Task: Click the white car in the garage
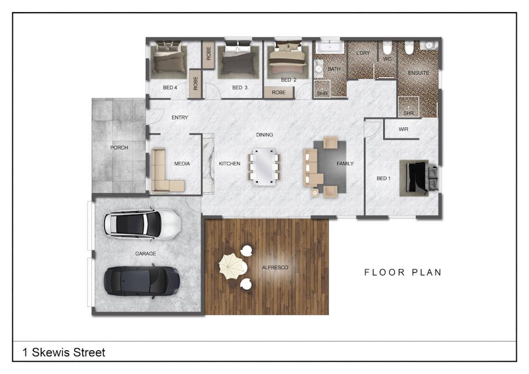142,224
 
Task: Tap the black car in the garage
142,280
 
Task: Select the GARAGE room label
145,254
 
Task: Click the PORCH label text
119,147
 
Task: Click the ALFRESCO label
275,268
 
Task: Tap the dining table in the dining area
264,165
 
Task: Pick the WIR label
404,130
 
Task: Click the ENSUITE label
418,73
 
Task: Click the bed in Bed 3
238,59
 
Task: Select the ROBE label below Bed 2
279,93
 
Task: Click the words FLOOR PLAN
403,272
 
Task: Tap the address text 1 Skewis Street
64,352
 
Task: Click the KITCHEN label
230,163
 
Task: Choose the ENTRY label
180,117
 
